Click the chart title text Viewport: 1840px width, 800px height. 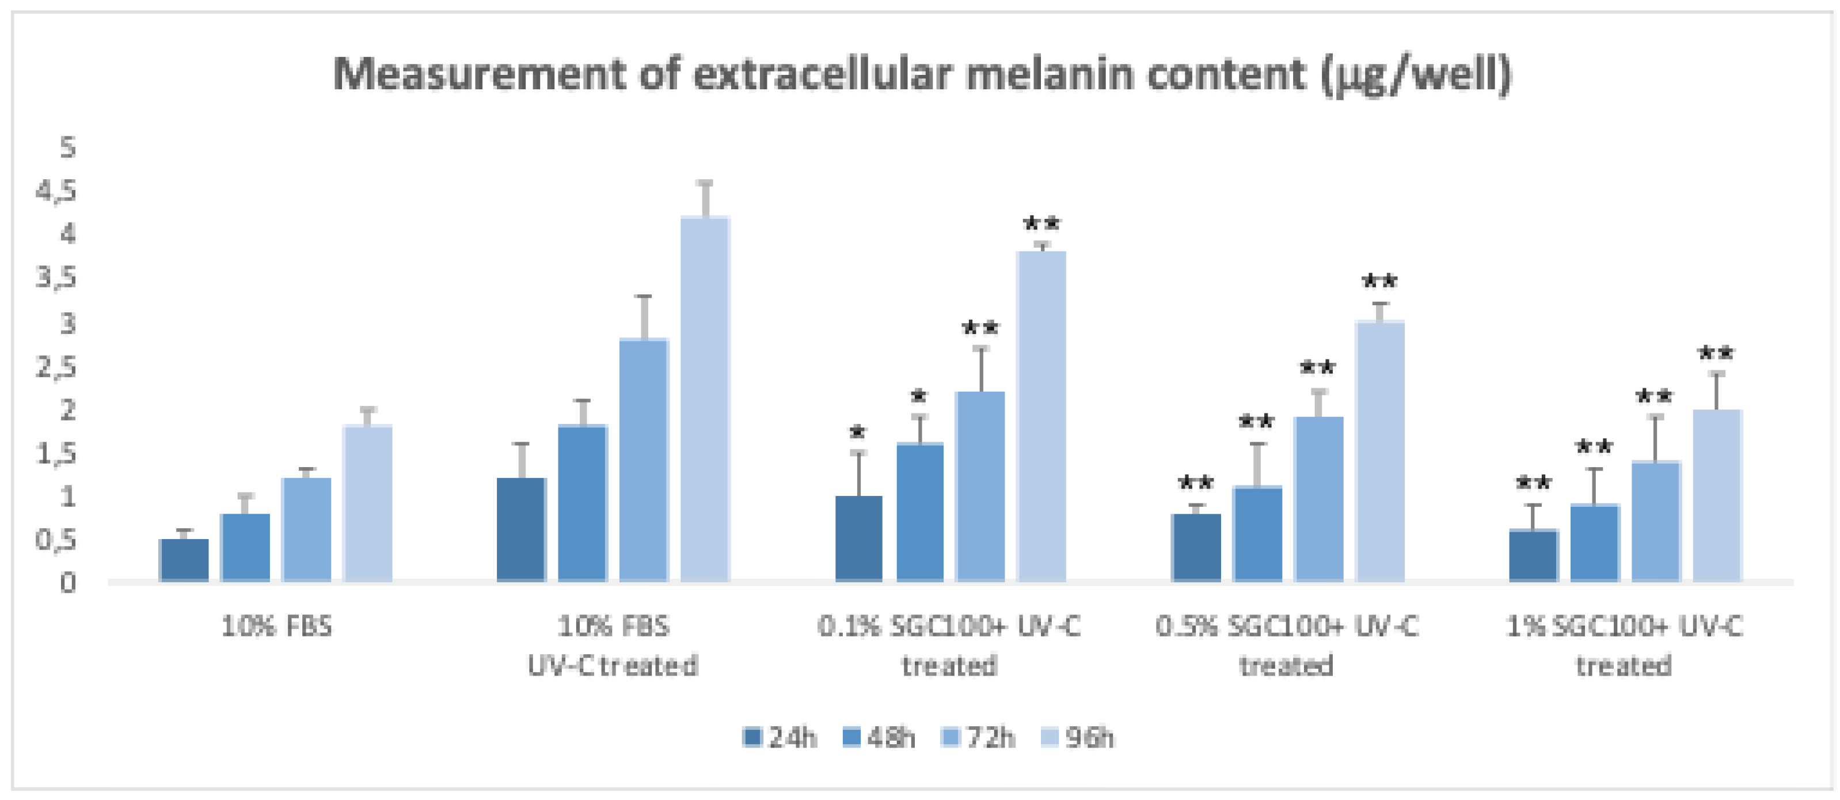click(921, 74)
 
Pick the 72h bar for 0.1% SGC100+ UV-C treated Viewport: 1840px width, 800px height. click(980, 487)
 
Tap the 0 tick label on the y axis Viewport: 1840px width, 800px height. click(67, 583)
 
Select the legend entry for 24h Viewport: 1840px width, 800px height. click(780, 737)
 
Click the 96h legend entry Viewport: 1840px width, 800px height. click(1075, 737)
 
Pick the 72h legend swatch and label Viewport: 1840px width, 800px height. click(979, 737)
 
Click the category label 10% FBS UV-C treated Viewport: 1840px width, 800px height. click(613, 646)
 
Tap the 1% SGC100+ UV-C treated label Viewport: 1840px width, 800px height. click(1624, 646)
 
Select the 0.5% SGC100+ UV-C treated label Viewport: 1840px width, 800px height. click(1286, 646)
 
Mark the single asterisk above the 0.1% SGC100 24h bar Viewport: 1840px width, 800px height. click(858, 432)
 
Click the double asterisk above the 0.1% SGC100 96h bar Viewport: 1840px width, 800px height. click(1041, 224)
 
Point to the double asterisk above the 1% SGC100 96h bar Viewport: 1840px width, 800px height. click(1716, 354)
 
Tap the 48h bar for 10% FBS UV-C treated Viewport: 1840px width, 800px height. click(582, 503)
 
